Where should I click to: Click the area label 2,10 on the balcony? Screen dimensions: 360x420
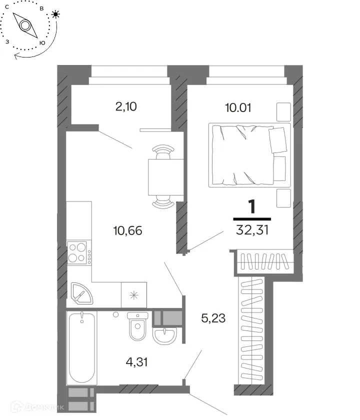click(x=126, y=106)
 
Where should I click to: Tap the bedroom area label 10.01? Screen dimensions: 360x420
click(x=238, y=107)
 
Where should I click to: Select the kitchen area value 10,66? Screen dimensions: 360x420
click(x=128, y=230)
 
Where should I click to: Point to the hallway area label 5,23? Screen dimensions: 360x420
click(x=213, y=318)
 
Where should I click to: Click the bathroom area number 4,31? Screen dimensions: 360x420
click(x=137, y=362)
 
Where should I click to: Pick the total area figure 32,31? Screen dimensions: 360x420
click(x=252, y=230)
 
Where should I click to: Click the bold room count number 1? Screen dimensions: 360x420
click(x=252, y=206)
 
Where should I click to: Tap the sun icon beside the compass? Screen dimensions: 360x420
click(x=55, y=14)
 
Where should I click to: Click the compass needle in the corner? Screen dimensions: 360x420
click(x=25, y=25)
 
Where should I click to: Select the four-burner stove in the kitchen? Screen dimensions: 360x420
click(x=77, y=252)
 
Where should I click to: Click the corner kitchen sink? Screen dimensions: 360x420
click(x=81, y=293)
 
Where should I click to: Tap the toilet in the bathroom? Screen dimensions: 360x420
click(x=137, y=326)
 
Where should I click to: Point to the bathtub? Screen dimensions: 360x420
click(x=81, y=347)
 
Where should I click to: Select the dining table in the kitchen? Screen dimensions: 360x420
click(x=166, y=177)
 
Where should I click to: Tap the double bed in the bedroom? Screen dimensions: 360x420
click(x=249, y=155)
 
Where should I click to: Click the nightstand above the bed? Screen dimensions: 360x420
click(x=283, y=111)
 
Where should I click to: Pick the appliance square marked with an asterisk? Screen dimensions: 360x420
click(x=134, y=295)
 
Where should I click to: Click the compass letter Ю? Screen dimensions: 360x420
click(x=42, y=43)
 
